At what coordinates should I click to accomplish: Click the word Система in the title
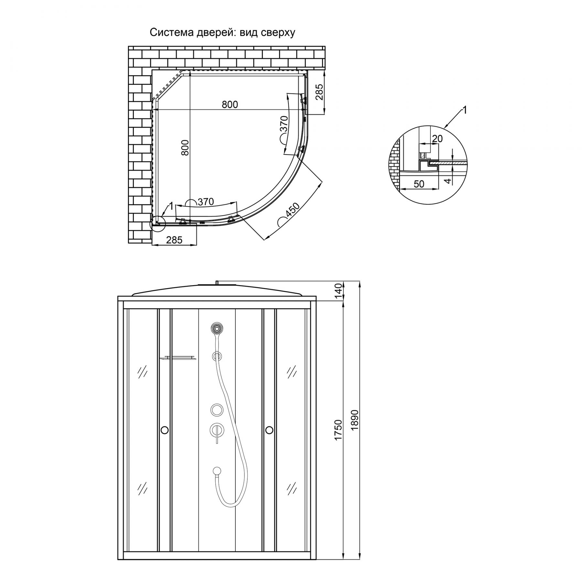[x=172, y=33]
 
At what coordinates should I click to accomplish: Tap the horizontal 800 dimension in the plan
[x=230, y=104]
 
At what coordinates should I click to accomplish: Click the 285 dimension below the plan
[x=174, y=240]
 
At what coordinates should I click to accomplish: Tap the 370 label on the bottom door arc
[x=206, y=202]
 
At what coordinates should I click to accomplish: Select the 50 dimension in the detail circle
[x=419, y=184]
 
